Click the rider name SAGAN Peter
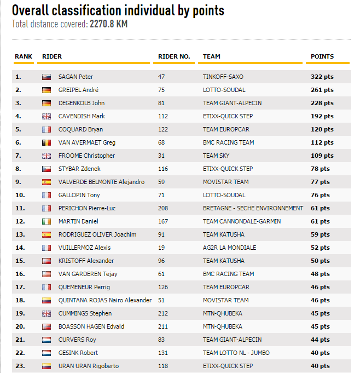[x=76, y=77]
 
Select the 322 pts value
[x=322, y=77]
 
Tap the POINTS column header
[x=322, y=56]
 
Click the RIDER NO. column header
[x=174, y=56]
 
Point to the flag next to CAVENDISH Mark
[x=47, y=116]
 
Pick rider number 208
[x=162, y=208]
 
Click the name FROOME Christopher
[x=86, y=156]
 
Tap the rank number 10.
[x=19, y=195]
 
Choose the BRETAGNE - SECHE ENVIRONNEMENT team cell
[x=253, y=208]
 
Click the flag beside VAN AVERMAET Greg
[x=47, y=142]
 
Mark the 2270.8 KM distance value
[x=108, y=24]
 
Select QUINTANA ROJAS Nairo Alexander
[x=105, y=300]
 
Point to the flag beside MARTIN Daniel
[x=47, y=221]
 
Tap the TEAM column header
[x=212, y=56]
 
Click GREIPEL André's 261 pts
[x=322, y=90]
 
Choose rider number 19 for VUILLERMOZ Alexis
[x=161, y=248]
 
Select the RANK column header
[x=24, y=56]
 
